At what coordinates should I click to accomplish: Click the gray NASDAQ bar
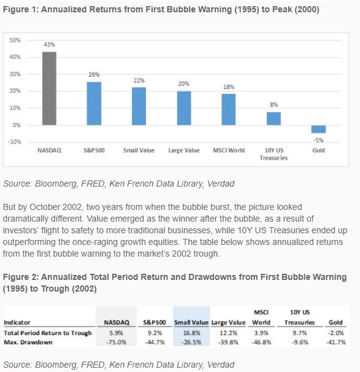tap(49, 88)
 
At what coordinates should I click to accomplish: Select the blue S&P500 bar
tap(94, 104)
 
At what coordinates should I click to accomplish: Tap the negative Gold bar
tap(318, 129)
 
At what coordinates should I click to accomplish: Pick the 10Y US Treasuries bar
tap(274, 118)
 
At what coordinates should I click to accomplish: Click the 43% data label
tap(49, 44)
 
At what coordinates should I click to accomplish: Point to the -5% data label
tap(318, 140)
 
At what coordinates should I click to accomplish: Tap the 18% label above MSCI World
tap(229, 87)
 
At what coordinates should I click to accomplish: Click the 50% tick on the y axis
tap(15, 40)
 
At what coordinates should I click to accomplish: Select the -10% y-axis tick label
tap(15, 142)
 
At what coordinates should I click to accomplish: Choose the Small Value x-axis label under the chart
tap(139, 150)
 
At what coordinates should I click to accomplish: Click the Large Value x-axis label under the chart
tap(184, 150)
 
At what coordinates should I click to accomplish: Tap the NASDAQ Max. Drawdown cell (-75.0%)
tap(116, 342)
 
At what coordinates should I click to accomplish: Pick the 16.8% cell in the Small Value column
tap(191, 333)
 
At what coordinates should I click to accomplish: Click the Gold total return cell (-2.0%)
tap(336, 333)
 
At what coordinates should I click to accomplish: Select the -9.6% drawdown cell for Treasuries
tap(300, 342)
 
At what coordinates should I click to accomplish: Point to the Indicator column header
tap(17, 322)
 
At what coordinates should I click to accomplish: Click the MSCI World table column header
tap(261, 317)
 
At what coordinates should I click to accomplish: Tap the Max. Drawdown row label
tap(28, 342)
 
